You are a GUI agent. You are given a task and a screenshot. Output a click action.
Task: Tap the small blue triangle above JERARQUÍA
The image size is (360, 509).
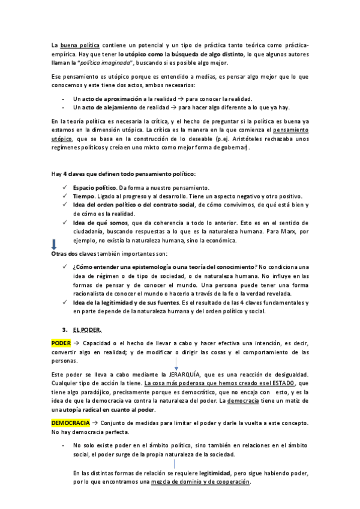click(176, 367)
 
